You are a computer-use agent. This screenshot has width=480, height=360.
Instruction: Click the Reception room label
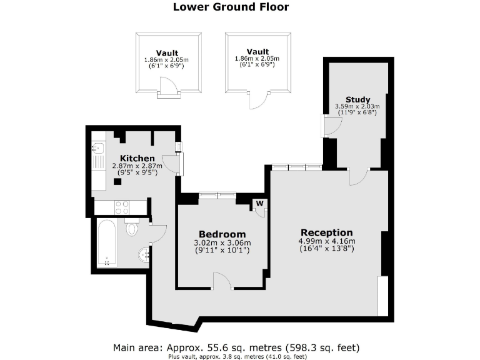327,232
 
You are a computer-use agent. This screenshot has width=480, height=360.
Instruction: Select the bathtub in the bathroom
107,242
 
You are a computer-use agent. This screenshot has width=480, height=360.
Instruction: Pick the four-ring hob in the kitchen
121,206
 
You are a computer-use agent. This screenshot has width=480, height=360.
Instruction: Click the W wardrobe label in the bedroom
259,202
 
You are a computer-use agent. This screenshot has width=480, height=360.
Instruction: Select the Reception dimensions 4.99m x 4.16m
327,245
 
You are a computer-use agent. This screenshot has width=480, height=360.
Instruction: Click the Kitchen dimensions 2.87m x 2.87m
137,169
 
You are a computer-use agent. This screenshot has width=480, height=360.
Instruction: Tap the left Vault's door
167,87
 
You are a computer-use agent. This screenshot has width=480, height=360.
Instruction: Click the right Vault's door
257,97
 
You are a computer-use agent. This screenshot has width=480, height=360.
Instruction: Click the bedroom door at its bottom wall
221,281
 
